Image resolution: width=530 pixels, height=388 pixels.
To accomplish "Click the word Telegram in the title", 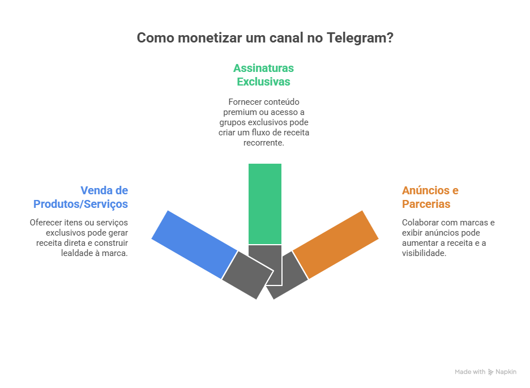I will tap(361, 39).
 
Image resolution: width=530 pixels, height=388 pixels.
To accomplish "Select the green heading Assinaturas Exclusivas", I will tap(264, 75).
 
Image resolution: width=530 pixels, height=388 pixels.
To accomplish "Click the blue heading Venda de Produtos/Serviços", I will tap(80, 197).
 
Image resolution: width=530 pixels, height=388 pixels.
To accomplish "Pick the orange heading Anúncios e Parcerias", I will tap(430, 197).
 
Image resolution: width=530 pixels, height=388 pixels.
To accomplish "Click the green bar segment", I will tap(265, 204).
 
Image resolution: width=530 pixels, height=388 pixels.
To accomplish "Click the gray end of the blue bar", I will tap(247, 275).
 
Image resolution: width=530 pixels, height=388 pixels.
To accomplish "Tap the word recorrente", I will tap(264, 143).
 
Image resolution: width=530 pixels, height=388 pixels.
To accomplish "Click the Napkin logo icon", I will tap(490, 372).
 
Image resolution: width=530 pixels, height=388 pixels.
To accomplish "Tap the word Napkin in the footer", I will tap(506, 372).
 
